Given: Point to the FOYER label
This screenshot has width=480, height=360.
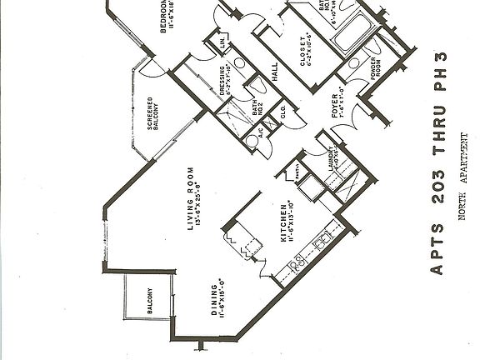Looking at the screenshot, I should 336,107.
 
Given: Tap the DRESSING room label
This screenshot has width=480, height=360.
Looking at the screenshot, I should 222,83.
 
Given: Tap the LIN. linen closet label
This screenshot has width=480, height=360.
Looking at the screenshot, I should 224,43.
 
